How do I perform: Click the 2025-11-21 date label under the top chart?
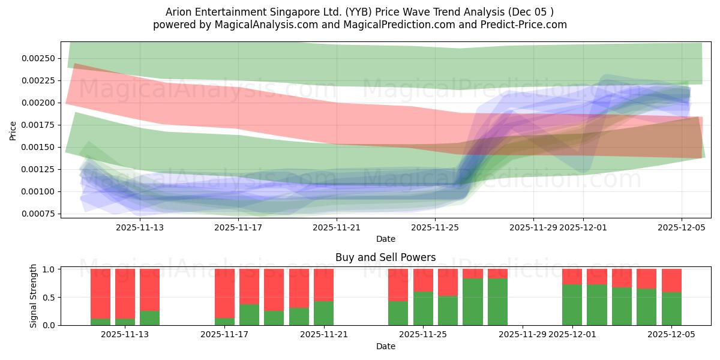(x=337, y=227)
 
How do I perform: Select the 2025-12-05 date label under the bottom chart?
(x=671, y=335)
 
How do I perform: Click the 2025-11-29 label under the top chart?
(x=533, y=227)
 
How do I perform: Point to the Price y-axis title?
(x=13, y=130)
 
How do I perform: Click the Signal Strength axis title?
(x=34, y=296)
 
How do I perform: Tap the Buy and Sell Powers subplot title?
(x=386, y=257)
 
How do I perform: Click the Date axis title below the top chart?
(x=386, y=239)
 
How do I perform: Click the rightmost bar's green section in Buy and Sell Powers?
(x=671, y=308)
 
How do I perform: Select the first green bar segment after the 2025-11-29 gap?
(x=572, y=305)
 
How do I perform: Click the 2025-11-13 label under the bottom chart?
(x=125, y=335)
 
